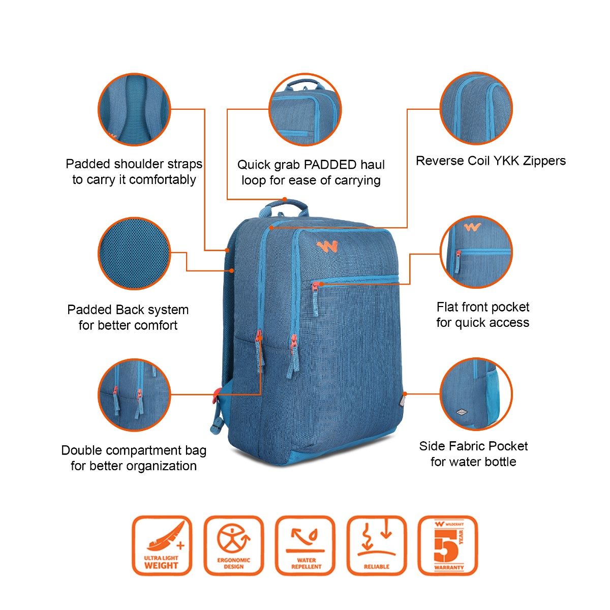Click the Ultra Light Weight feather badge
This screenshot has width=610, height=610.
(162, 545)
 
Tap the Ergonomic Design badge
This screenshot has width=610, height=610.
(234, 545)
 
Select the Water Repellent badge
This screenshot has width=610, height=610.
(306, 545)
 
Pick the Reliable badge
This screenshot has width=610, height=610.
(377, 545)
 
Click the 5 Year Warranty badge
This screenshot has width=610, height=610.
(448, 545)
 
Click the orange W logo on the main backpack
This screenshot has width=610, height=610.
(327, 247)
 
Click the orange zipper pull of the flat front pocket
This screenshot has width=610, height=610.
(318, 285)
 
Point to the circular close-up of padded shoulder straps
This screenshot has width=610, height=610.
(134, 110)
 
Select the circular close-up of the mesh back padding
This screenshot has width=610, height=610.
(134, 254)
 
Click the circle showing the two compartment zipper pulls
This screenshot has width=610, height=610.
(134, 395)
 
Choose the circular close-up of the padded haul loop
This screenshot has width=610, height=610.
(305, 110)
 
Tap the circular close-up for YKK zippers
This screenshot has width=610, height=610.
(476, 108)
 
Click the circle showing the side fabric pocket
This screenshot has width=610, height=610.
(476, 394)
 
